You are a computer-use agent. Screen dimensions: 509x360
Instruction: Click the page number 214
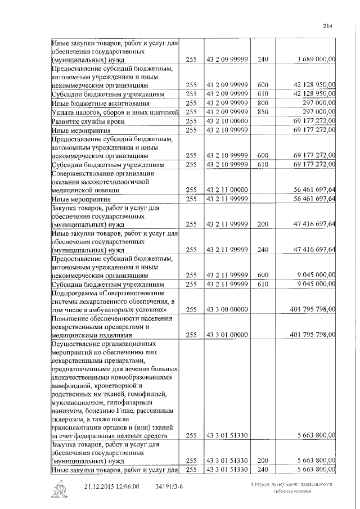pos(328,24)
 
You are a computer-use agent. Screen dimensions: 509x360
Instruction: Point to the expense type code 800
pos(263,103)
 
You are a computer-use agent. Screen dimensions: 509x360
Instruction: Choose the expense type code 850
pos(263,112)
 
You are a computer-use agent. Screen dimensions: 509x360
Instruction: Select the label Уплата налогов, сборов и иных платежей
pos(115,112)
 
